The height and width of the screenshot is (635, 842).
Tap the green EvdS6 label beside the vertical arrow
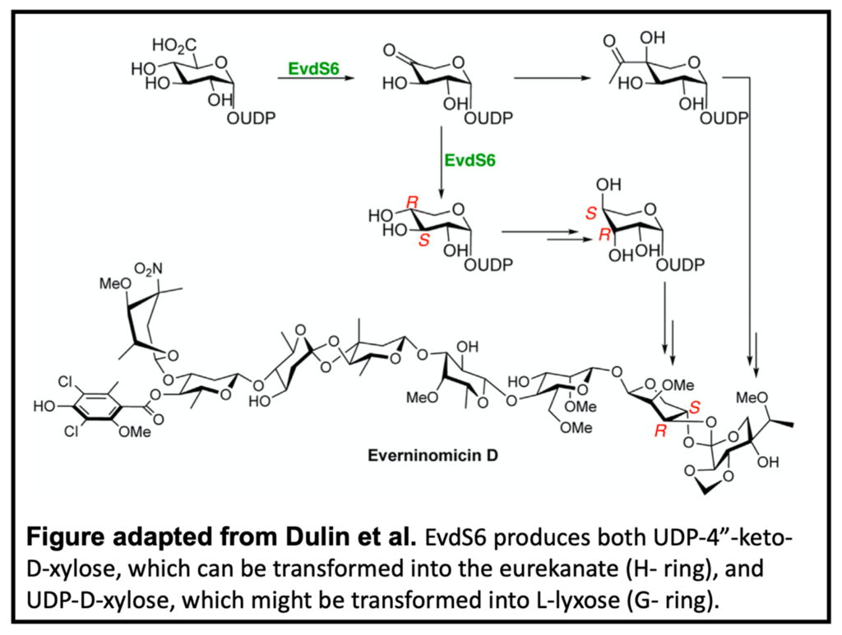point(470,160)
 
